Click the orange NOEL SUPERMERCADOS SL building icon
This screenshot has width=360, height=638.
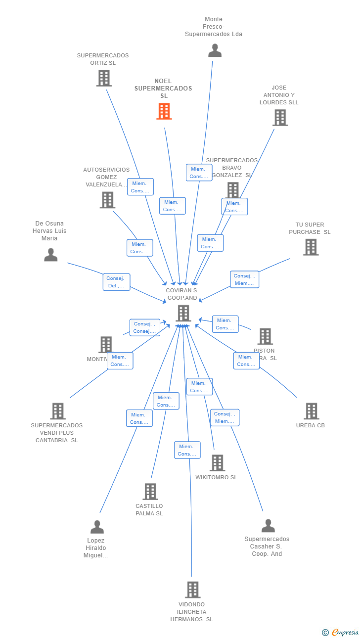[164, 111]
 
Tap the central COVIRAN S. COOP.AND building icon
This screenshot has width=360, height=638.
[183, 313]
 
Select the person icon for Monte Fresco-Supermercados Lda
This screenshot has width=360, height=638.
[215, 50]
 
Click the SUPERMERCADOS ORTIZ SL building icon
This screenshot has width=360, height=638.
[104, 78]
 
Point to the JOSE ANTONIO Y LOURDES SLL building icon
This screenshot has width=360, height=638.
[280, 118]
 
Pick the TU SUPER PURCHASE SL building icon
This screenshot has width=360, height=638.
[311, 247]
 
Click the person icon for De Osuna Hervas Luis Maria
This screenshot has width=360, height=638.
[50, 255]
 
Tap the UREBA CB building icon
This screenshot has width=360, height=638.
[311, 411]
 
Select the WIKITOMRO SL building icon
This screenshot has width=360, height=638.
[217, 463]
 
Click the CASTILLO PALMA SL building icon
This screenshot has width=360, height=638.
[150, 492]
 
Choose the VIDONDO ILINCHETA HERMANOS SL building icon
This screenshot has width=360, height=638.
[192, 590]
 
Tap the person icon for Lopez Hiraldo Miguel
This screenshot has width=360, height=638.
[97, 527]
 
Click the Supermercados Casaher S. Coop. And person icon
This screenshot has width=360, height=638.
[268, 526]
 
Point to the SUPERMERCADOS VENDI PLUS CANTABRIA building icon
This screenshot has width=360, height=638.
[58, 411]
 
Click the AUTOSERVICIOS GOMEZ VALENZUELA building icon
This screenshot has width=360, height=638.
[107, 200]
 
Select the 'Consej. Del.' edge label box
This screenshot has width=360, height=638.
[117, 282]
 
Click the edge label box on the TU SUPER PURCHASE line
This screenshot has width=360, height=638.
[244, 279]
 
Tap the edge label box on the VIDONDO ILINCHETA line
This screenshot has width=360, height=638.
[187, 450]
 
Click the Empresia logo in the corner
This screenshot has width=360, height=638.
[341, 632]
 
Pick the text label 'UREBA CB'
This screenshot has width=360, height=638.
[310, 425]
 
